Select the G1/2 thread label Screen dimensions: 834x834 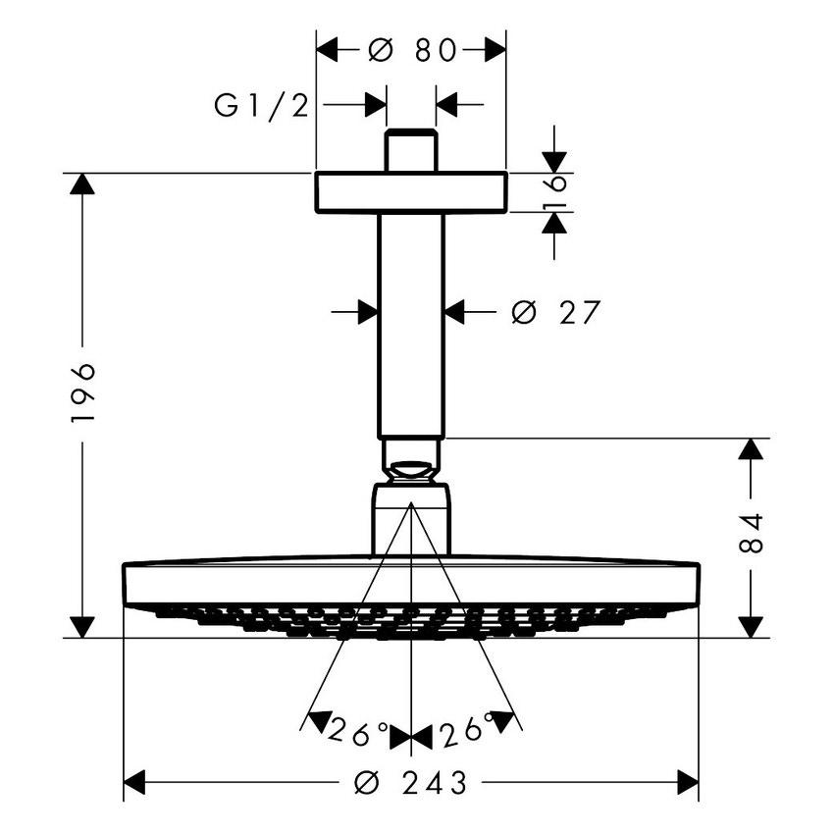[x=261, y=105]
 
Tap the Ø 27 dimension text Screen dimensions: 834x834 [x=554, y=313]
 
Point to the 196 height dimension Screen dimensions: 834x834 [x=83, y=391]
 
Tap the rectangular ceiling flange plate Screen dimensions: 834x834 [x=411, y=192]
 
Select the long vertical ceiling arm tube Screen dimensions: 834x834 [x=411, y=324]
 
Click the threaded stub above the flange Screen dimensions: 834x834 [x=411, y=150]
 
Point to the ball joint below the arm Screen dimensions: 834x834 [x=411, y=461]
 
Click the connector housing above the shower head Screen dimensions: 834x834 [x=411, y=520]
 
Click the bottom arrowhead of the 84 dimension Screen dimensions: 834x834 [x=751, y=626]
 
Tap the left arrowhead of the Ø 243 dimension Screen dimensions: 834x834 [x=134, y=782]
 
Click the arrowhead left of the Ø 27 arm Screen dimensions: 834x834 [x=368, y=312]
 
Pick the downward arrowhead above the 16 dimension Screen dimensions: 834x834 [x=554, y=162]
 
